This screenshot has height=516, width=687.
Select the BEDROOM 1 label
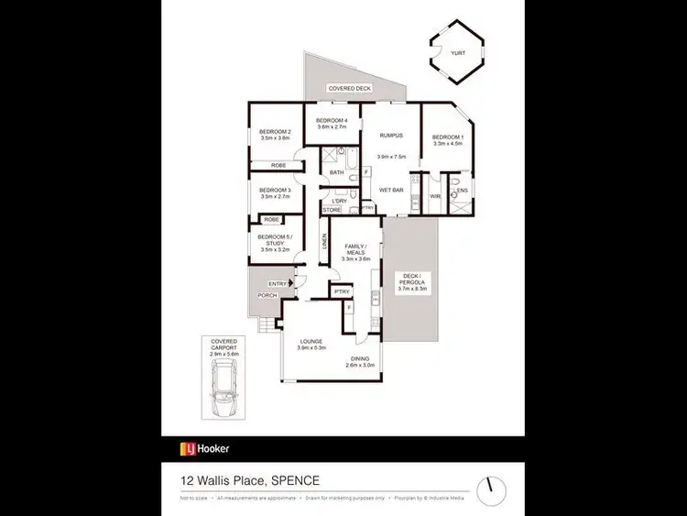point(449,137)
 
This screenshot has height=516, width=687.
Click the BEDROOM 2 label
point(275,132)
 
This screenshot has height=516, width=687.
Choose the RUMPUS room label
point(391,135)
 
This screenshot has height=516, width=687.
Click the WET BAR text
point(391,190)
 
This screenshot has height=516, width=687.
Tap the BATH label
point(337,171)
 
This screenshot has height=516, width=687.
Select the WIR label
point(435,196)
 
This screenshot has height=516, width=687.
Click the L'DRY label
point(339,201)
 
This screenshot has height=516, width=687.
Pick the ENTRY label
point(277,283)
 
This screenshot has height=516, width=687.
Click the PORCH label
point(267,295)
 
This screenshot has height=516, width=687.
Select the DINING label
point(360,359)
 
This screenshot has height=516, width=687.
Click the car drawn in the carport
point(224,387)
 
